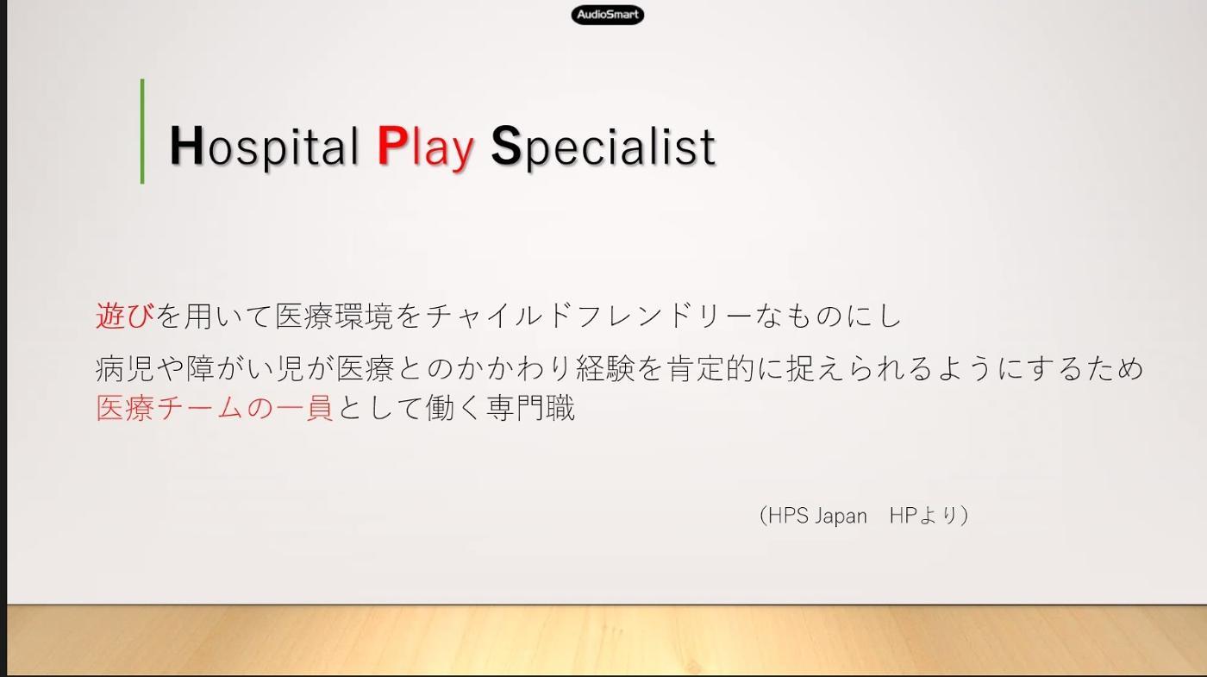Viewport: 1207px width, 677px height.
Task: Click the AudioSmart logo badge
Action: [607, 15]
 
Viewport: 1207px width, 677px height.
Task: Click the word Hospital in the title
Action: [264, 146]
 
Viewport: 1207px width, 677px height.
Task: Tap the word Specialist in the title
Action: [603, 147]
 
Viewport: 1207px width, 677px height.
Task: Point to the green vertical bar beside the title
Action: [142, 131]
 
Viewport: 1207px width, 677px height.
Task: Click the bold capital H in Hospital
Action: [186, 145]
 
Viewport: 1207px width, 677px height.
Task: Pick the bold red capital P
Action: [391, 145]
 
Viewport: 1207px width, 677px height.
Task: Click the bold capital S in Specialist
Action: [507, 146]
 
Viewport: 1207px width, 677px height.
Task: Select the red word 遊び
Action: [124, 316]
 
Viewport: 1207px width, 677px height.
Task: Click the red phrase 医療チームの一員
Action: [215, 407]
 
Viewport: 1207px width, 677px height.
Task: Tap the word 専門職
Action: [531, 407]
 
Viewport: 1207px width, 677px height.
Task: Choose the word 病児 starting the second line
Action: [124, 369]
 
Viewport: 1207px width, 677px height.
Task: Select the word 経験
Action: [605, 369]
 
